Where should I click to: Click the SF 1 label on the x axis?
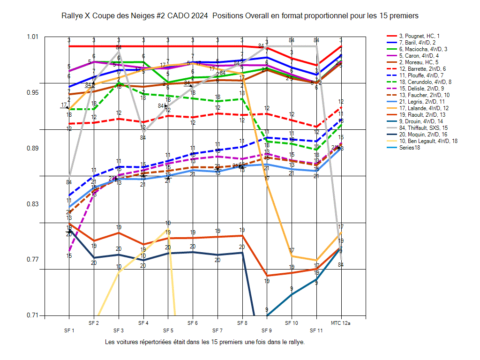[x=69, y=330]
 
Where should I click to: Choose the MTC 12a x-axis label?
[x=341, y=323]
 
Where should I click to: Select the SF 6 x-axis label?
[x=192, y=323]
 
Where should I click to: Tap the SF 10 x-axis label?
[x=291, y=323]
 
